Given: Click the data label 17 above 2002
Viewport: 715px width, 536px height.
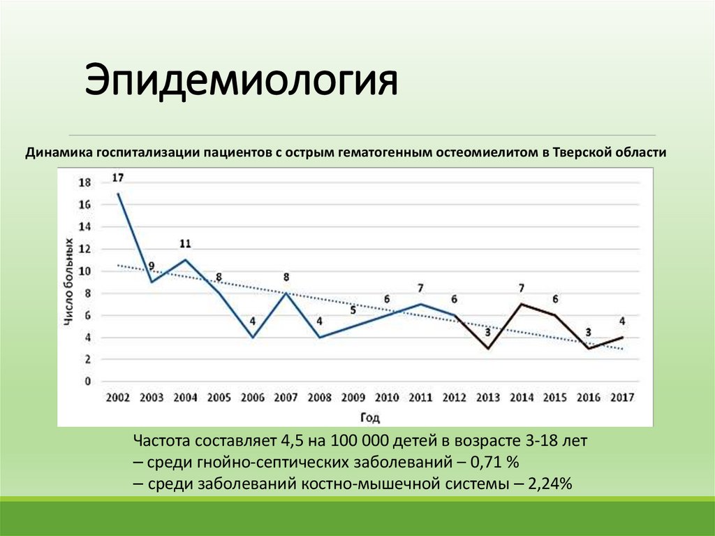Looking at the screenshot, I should click(118, 178).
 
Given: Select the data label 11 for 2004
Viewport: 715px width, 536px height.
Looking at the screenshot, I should click(185, 244).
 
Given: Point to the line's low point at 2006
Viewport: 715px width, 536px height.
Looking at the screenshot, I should click(253, 338).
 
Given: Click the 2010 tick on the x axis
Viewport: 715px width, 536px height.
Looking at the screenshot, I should click(387, 398).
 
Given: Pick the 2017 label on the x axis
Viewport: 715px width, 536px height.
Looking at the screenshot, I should click(621, 398).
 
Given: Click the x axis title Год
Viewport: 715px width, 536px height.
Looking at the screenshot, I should click(371, 417).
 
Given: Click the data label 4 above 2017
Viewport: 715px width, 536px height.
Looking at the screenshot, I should click(621, 322).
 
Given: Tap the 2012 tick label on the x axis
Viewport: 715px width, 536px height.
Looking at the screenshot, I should click(454, 398).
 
